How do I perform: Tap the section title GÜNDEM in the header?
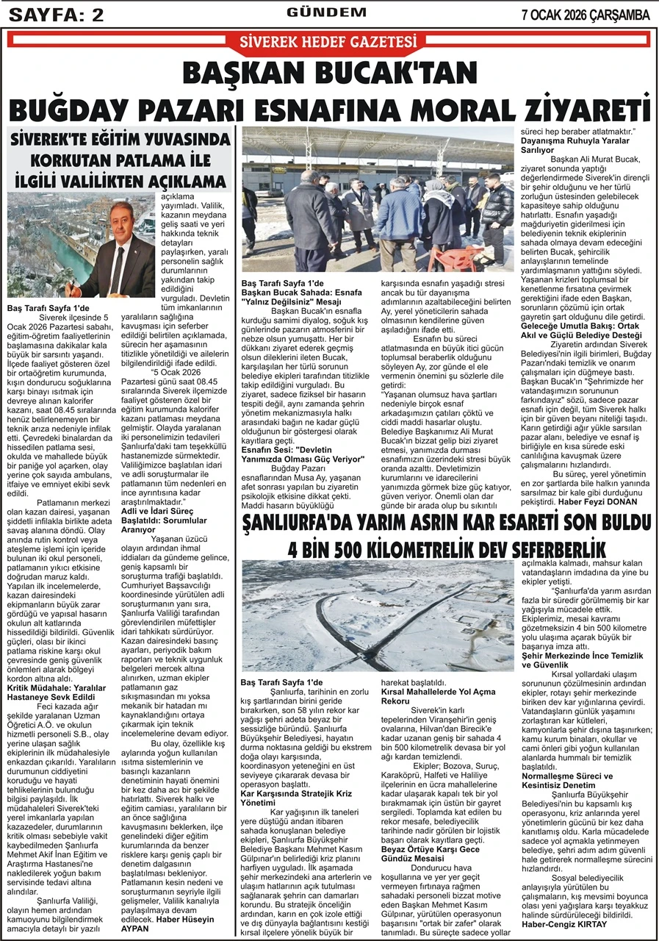pos(326,12)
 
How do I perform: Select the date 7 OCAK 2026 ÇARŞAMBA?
pos(586,14)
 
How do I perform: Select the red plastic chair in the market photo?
pos(444,258)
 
